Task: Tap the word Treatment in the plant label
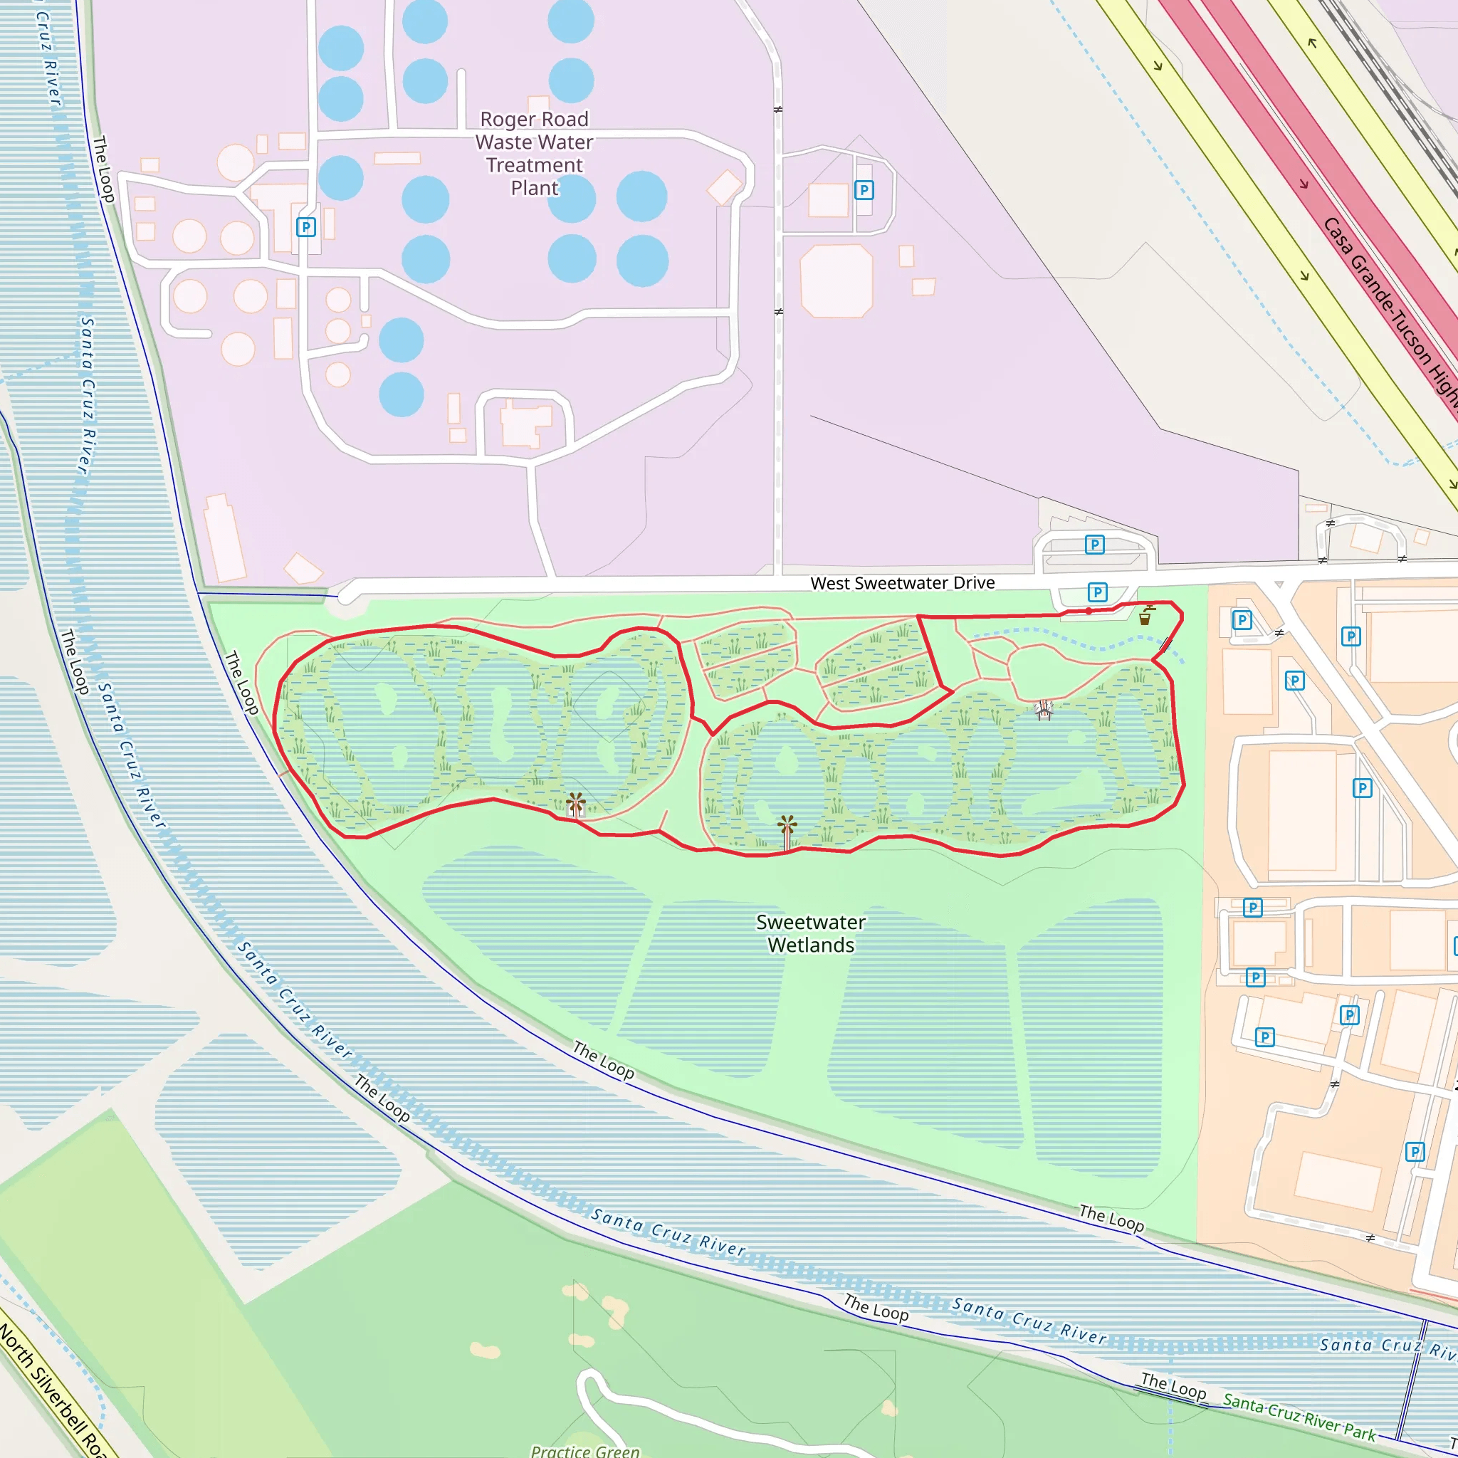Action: pyautogui.click(x=535, y=165)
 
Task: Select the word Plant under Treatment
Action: pyautogui.click(x=535, y=188)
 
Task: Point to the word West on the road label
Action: pyautogui.click(x=829, y=583)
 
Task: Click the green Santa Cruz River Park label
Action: pyautogui.click(x=1299, y=1417)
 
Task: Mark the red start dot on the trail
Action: pyautogui.click(x=1089, y=612)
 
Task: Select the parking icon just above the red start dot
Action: pyautogui.click(x=1097, y=592)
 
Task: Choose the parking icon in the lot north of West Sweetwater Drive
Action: pyautogui.click(x=1094, y=544)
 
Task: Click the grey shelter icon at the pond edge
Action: pyautogui.click(x=1044, y=708)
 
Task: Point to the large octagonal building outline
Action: pyautogui.click(x=836, y=280)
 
